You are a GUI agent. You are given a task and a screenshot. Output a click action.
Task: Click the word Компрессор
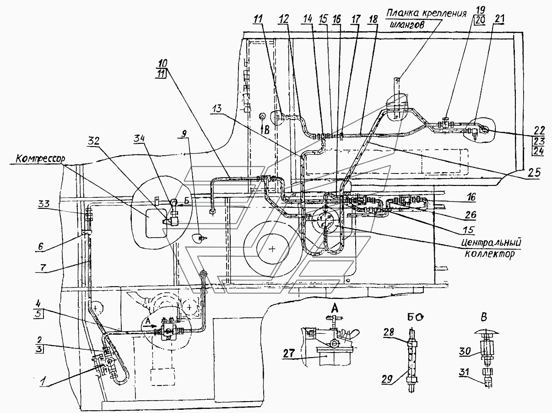40,158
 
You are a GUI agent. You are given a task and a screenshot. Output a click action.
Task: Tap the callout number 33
44,203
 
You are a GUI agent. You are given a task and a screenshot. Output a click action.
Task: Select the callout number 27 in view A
288,353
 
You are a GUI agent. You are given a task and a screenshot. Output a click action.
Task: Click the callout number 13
216,109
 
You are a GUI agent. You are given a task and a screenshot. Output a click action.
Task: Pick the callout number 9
184,134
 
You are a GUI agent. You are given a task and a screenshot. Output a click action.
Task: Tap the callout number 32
93,141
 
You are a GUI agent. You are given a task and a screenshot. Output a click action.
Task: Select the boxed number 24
538,152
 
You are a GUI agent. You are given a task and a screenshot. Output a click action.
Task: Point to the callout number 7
43,267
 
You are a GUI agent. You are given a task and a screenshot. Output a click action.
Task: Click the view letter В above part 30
484,317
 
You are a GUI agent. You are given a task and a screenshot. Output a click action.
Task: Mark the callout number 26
470,214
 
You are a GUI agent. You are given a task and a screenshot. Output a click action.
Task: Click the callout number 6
40,246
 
